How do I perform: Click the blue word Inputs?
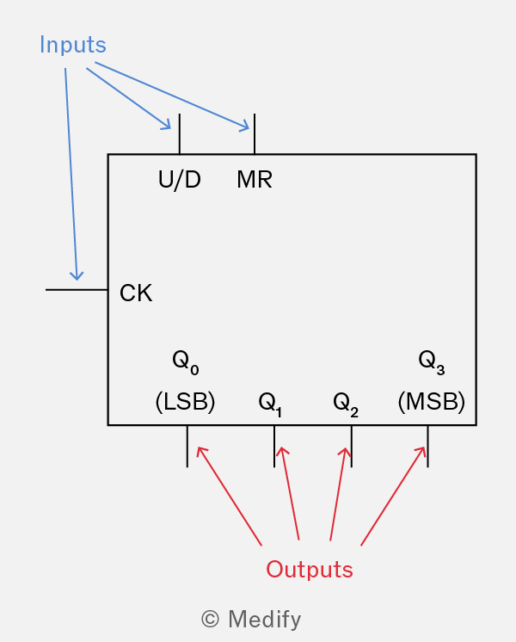click(x=73, y=45)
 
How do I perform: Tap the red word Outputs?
click(x=310, y=569)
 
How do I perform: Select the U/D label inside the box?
click(x=179, y=180)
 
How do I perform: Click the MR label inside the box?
click(x=255, y=179)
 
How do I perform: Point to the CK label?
click(x=136, y=293)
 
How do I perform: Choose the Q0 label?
click(x=186, y=362)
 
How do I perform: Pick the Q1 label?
click(x=270, y=404)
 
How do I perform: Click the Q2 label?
click(x=346, y=404)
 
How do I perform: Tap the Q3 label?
click(x=432, y=362)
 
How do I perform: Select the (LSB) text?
click(x=186, y=401)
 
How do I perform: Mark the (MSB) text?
click(x=432, y=401)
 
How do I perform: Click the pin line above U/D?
click(x=180, y=134)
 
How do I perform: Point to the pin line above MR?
click(x=255, y=134)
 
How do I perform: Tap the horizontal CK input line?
click(x=77, y=290)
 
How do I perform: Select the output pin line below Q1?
click(x=274, y=447)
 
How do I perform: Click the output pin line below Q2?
click(x=352, y=447)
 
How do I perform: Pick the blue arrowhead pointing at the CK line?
click(x=77, y=276)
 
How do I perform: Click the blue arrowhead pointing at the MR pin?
click(x=244, y=127)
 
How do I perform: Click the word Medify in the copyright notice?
click(x=264, y=619)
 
